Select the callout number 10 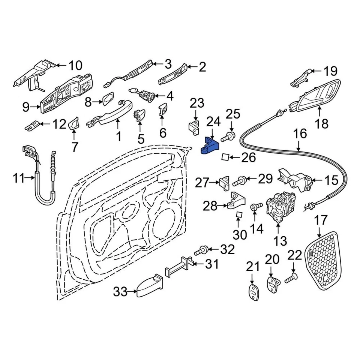[x=75, y=66]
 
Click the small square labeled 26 [x=226, y=156]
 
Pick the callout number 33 [x=121, y=291]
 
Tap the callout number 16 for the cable [x=300, y=134]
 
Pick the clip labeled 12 [x=33, y=124]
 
